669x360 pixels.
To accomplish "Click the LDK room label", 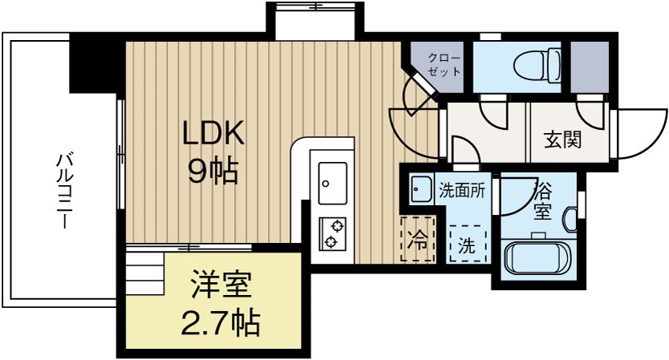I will (212, 134).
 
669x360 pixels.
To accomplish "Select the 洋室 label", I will (221, 285).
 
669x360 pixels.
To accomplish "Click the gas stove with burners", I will (332, 234).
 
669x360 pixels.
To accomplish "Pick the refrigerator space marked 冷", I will (418, 239).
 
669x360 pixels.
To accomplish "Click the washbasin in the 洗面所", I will (420, 190).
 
